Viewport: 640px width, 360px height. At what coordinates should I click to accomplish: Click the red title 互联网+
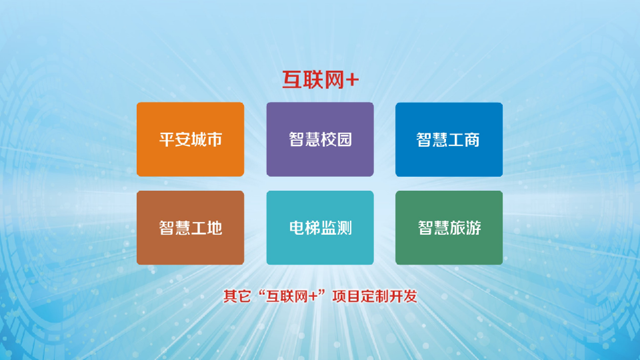tap(321, 79)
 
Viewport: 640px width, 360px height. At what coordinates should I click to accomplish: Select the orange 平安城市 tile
tap(190, 139)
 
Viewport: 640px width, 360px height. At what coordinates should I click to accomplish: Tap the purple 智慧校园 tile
tap(320, 139)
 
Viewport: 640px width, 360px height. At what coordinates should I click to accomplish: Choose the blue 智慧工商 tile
tap(449, 139)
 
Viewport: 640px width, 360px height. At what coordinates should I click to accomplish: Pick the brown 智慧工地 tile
tap(190, 227)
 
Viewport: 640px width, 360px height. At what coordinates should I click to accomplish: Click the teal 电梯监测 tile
tap(320, 227)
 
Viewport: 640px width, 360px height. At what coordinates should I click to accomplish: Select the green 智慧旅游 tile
tap(449, 227)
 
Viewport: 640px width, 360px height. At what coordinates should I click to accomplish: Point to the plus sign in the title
tap(352, 80)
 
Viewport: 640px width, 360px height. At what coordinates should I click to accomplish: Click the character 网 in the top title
tap(334, 79)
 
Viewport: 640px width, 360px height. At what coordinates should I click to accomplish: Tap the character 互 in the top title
tap(292, 79)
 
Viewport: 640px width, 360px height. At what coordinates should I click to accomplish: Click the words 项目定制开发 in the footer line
tap(375, 296)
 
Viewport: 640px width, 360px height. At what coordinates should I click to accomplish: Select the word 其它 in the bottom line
tap(237, 296)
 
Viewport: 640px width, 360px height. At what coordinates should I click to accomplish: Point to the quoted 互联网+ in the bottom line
tap(291, 296)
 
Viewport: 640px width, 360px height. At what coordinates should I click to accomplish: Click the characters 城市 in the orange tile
tap(207, 139)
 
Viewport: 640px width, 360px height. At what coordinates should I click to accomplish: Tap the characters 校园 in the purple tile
tap(336, 139)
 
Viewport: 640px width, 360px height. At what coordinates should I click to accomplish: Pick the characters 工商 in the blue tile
tap(464, 140)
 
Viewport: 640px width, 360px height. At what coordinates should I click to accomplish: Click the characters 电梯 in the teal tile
tap(305, 228)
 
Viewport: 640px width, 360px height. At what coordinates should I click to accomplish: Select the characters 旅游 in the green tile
tap(466, 228)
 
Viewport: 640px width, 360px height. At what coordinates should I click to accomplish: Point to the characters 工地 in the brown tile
tap(207, 228)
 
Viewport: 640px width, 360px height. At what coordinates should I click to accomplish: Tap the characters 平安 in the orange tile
tap(175, 139)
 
